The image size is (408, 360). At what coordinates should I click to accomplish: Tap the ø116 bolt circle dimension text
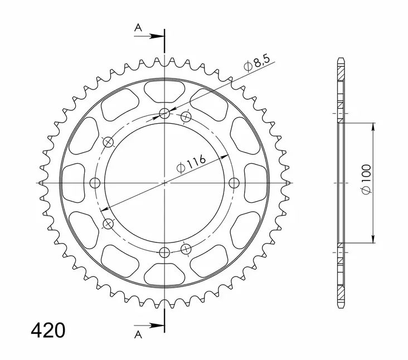pyautogui.click(x=191, y=163)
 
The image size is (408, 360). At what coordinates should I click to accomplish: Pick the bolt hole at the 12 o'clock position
pyautogui.click(x=164, y=114)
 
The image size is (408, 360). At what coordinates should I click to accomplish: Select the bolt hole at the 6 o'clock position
pyautogui.click(x=164, y=252)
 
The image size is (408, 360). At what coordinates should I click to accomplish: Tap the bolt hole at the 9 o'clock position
pyautogui.click(x=94, y=183)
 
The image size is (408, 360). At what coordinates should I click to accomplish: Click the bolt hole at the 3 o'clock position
pyautogui.click(x=234, y=183)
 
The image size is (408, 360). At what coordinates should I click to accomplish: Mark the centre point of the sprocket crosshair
pyautogui.click(x=164, y=183)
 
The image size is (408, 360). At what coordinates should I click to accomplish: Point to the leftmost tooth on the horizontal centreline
pyautogui.click(x=41, y=183)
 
